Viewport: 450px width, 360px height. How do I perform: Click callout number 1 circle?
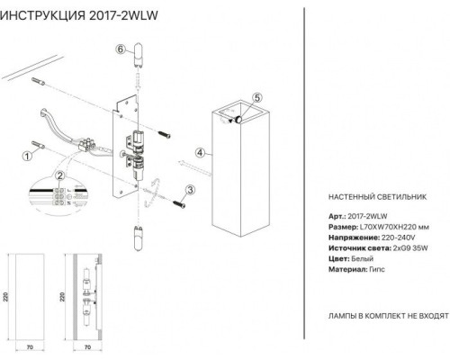click(27, 156)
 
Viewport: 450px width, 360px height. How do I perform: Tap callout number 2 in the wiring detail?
click(60, 175)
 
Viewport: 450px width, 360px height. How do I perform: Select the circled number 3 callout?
click(190, 190)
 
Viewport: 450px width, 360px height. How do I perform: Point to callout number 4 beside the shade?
click(200, 153)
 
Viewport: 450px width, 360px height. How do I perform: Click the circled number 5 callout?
click(257, 97)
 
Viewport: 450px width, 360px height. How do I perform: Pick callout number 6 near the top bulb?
click(121, 49)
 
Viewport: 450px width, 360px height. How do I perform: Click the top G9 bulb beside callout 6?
click(139, 56)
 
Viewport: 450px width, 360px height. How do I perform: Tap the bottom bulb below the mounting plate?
click(139, 238)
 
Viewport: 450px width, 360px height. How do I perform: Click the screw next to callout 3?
click(179, 203)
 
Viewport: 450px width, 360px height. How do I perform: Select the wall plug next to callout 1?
click(38, 145)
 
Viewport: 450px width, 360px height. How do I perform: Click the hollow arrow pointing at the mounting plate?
click(195, 167)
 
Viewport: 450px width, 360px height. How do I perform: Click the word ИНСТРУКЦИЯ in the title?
click(42, 15)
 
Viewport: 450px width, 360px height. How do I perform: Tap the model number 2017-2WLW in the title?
click(123, 15)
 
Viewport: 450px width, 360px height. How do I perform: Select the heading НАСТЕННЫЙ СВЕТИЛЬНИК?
click(377, 197)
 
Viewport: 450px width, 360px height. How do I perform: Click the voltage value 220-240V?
click(399, 238)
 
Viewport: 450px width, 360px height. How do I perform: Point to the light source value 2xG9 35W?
click(410, 248)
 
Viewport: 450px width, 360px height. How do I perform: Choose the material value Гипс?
click(377, 269)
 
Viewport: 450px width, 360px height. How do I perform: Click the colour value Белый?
click(363, 258)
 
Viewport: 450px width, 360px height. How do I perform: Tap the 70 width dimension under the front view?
click(30, 347)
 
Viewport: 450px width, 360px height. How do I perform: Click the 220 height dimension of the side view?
click(62, 297)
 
